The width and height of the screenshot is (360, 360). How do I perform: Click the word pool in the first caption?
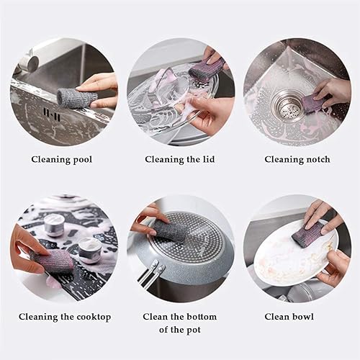pos(82,160)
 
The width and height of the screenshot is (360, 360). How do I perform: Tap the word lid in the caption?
pos(208,159)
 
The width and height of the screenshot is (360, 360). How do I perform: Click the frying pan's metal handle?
pos(150,275)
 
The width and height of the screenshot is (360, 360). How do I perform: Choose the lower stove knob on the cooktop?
pos(87,250)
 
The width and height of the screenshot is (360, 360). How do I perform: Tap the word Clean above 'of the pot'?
pos(156,317)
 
